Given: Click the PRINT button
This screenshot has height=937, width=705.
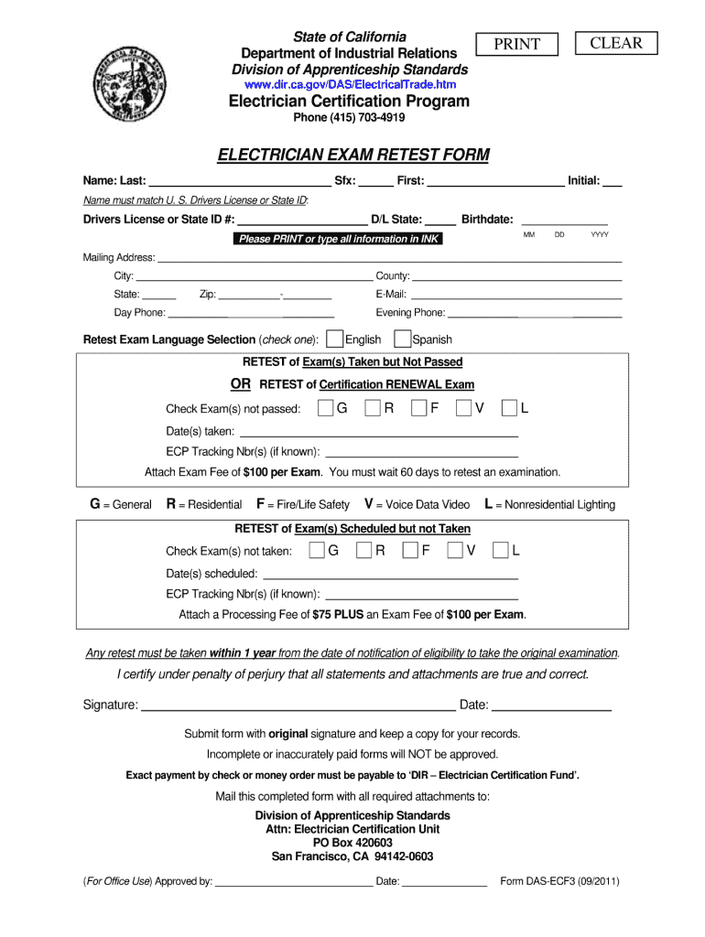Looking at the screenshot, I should point(517,45).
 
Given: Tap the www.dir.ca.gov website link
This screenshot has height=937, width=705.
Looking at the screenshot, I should point(349,84).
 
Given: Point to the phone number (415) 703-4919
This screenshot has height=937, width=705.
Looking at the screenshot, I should point(348,118).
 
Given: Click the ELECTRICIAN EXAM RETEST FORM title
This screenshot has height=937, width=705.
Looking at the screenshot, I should point(352,156).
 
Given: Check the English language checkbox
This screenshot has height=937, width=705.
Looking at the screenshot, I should point(334,339).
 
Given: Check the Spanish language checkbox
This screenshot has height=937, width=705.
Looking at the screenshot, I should point(403,339).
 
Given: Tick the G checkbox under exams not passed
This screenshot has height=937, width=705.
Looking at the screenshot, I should point(326,408).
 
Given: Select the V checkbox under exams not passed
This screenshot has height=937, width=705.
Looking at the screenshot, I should point(464,408).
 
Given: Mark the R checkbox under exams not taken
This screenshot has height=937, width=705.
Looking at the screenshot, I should point(363,550).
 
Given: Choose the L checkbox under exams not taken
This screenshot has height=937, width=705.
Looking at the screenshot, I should point(501,550).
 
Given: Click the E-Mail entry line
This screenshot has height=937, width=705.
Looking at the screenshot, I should point(516,295).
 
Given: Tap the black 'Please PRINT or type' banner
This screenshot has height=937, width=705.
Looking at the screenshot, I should point(338,239).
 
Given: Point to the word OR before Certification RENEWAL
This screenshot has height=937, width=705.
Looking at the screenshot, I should point(241,383).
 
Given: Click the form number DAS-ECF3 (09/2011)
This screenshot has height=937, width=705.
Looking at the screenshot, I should point(560,882).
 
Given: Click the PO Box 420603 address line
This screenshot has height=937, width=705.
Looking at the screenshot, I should point(352,843).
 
